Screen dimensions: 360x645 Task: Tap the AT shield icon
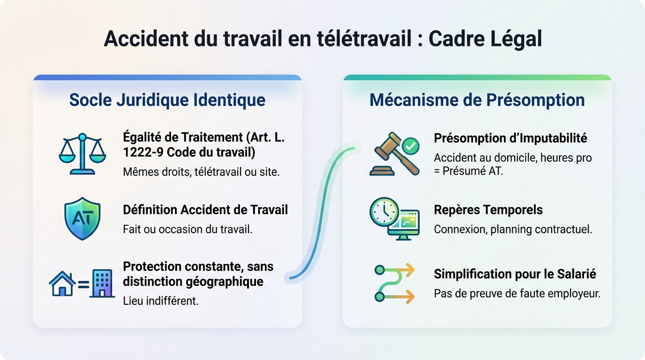point(82,218)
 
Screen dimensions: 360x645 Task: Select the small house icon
point(62,284)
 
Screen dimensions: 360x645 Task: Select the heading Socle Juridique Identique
point(167,100)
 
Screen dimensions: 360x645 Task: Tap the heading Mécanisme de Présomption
point(477,100)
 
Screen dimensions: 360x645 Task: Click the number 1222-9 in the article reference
point(142,152)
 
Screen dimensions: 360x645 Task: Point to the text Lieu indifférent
point(161,300)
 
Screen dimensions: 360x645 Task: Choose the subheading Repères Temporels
point(488,210)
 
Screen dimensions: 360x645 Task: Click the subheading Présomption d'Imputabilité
point(510,138)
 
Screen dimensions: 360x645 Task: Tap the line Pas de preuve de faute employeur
point(517,294)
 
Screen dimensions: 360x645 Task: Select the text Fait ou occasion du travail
point(187,230)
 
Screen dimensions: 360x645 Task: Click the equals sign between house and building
point(83,284)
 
